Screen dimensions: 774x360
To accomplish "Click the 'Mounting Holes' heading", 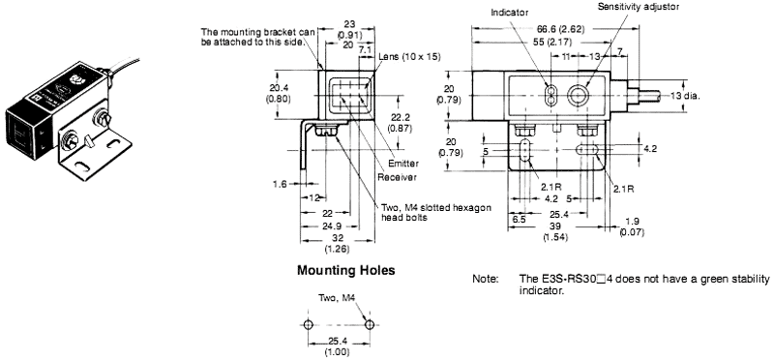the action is (345, 271).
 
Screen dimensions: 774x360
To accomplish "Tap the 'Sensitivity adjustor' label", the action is (639, 7).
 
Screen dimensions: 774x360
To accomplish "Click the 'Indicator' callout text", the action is (510, 13).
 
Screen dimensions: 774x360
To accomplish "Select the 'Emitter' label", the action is (403, 164).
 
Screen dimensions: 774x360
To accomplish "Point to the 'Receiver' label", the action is (397, 177).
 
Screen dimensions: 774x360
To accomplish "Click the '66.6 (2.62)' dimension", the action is (560, 29).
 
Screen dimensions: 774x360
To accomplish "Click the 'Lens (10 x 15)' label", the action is (409, 56).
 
